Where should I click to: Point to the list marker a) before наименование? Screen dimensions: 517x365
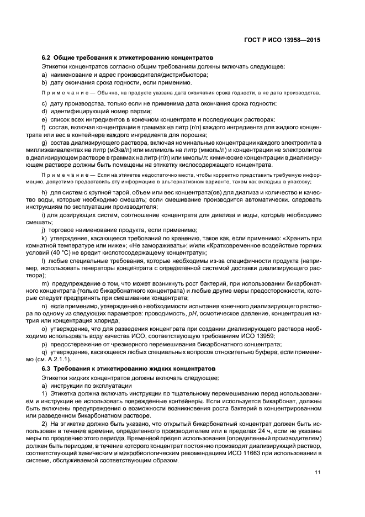44,75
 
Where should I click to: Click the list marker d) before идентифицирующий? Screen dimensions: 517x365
44,111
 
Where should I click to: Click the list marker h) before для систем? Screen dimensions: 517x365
44,192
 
